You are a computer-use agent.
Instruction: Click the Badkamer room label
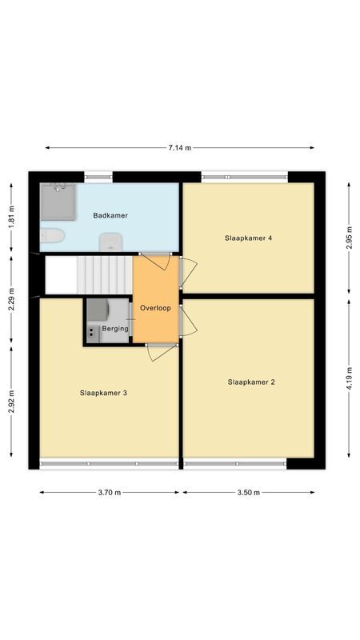click(110, 216)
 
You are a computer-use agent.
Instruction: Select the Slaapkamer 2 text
click(250, 382)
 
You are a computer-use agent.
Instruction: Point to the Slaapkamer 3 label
click(104, 393)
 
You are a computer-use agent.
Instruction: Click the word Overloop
click(155, 308)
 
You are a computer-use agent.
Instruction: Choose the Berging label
click(114, 330)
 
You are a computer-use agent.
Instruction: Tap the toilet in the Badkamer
click(51, 237)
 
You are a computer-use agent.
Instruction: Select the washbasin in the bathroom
click(110, 242)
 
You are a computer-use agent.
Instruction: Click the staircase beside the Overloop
click(88, 274)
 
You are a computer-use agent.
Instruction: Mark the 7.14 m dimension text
click(179, 148)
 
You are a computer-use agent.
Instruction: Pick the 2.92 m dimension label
click(11, 400)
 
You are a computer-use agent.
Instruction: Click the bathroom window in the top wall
click(98, 175)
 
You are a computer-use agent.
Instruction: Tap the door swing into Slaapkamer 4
click(187, 272)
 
